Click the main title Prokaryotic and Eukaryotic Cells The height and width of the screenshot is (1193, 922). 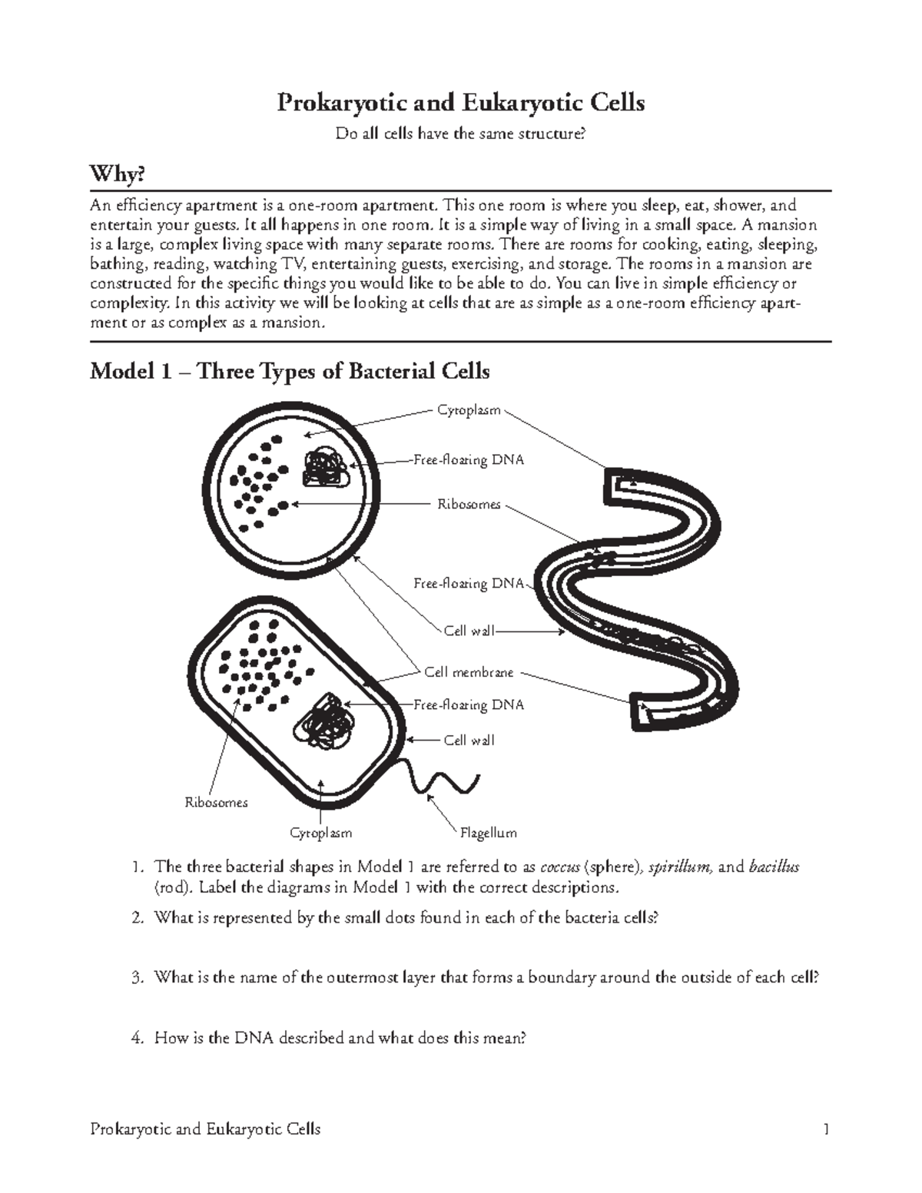click(x=460, y=102)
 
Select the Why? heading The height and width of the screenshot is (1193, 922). click(x=117, y=175)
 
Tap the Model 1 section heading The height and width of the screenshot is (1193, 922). click(x=290, y=372)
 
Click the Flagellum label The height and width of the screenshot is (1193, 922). click(x=488, y=833)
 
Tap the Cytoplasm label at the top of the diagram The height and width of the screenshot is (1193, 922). click(x=469, y=410)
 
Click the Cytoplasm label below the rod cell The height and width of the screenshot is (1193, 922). click(x=320, y=833)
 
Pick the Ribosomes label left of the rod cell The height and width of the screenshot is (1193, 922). click(x=216, y=803)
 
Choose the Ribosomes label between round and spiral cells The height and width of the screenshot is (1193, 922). click(x=469, y=505)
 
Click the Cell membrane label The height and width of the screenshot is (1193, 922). click(x=469, y=672)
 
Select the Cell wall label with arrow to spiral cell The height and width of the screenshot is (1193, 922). click(x=469, y=631)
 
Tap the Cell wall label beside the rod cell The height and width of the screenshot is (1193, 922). click(x=469, y=741)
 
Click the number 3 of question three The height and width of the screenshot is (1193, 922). click(x=136, y=978)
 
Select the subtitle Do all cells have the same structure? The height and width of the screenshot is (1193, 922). click(x=460, y=134)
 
